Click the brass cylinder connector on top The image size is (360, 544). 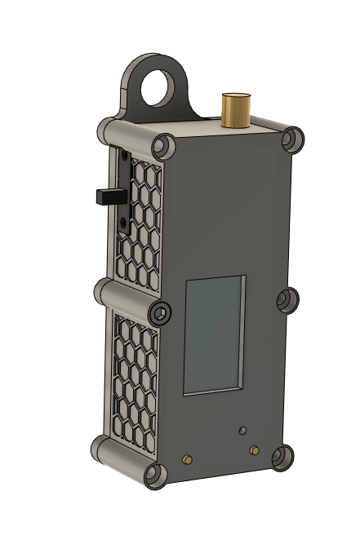point(238,110)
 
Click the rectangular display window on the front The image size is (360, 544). point(214,334)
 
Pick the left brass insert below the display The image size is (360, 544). point(189,458)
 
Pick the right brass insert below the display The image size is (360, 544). point(255,449)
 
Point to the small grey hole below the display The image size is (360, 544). point(242,428)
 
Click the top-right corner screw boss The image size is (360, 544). point(291,139)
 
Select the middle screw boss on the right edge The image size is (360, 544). point(287,300)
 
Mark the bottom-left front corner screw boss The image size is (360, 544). point(156,475)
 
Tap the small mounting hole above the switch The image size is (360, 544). point(124,154)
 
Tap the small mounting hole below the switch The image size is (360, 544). point(123,221)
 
